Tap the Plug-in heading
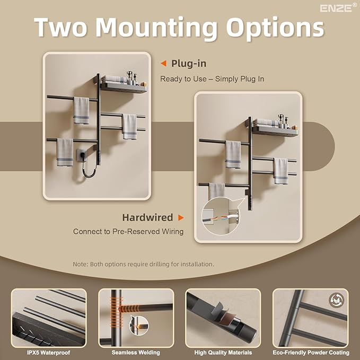pos(188,64)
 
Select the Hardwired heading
pos(147,217)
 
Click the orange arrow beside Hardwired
pos(181,217)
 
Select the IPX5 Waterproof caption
pos(49,352)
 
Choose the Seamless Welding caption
pos(136,352)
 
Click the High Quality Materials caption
pos(223,352)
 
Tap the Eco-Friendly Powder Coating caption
pos(311,352)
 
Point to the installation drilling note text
pos(143,264)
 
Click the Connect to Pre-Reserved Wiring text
pos(128,232)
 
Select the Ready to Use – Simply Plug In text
pos(212,79)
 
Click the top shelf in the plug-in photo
pos(124,85)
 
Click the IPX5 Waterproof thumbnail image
pos(49,318)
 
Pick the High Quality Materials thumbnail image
pos(223,318)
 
